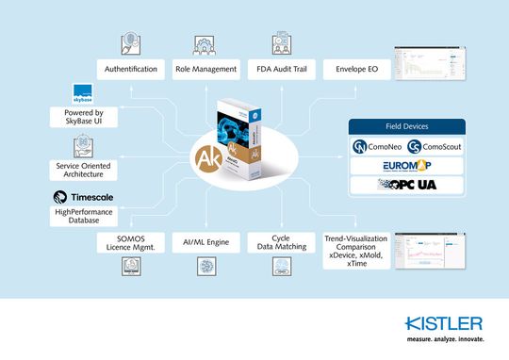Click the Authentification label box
click(x=130, y=70)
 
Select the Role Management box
click(x=205, y=70)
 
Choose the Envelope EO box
click(x=353, y=70)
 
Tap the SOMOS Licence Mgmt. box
click(x=130, y=244)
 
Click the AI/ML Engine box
click(x=205, y=244)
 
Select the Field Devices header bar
click(x=407, y=125)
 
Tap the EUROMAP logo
click(x=407, y=166)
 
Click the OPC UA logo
click(x=407, y=186)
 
